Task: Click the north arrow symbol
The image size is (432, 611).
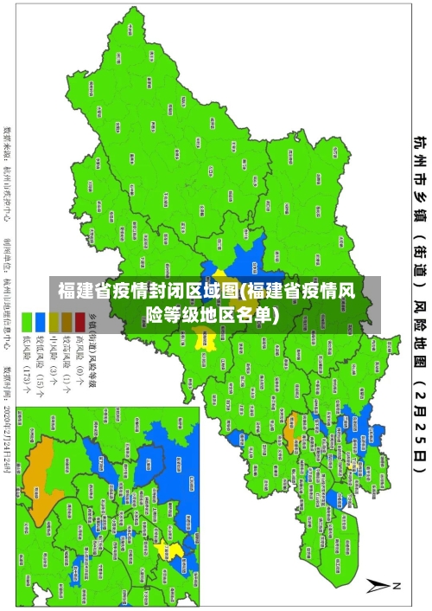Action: (x=378, y=585)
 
